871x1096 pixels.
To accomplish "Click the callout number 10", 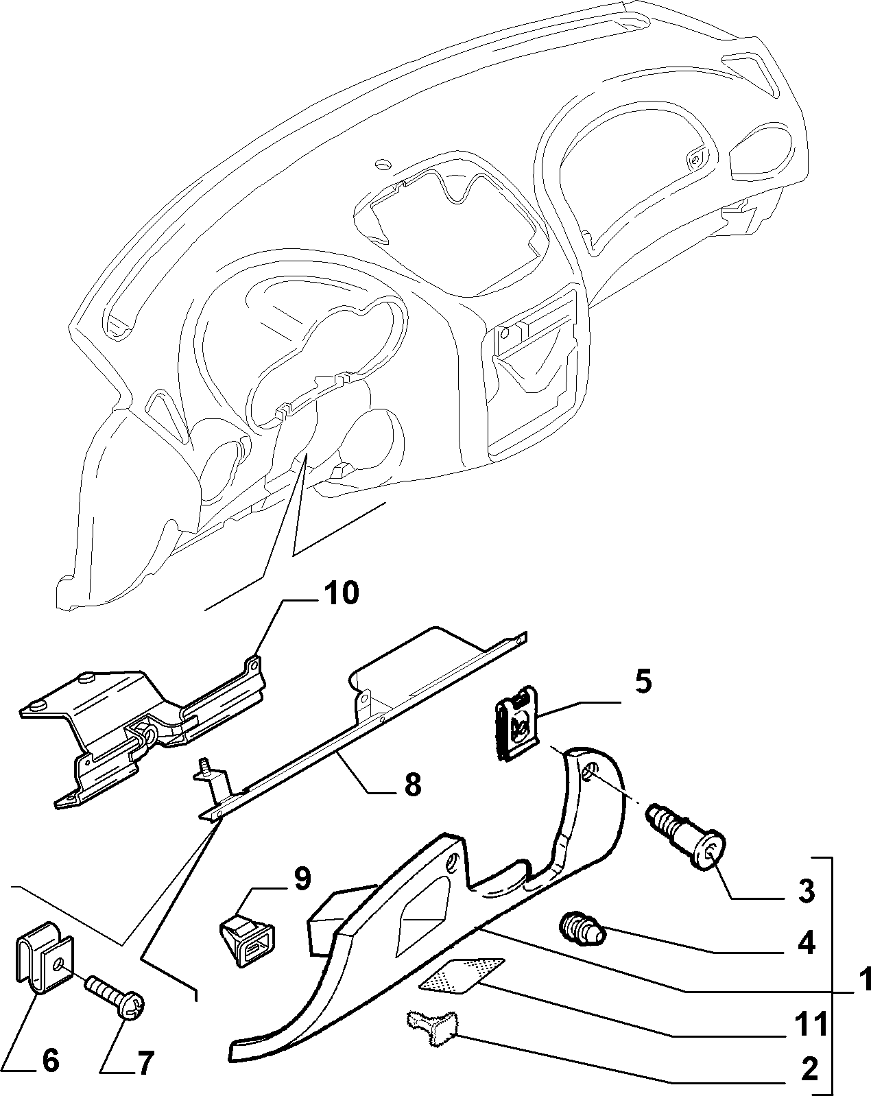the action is (x=342, y=593).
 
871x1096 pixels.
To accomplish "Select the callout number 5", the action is (x=643, y=682).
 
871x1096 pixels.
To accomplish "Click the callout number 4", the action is (x=807, y=942).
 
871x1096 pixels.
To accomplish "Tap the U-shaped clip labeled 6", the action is (x=44, y=959).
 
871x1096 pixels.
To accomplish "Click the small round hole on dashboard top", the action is (x=383, y=165).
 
